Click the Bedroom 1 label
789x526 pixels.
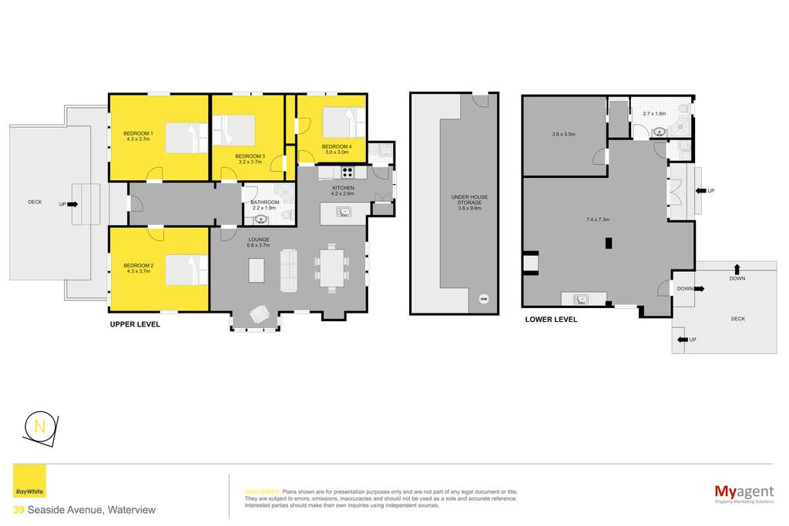point(138,133)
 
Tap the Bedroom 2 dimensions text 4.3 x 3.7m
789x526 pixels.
point(139,271)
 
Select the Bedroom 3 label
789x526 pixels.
point(250,156)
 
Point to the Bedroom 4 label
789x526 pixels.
point(337,147)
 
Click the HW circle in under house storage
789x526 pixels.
point(484,300)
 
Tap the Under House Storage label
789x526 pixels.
point(469,199)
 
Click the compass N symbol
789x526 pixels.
point(40,427)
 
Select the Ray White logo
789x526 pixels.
point(29,481)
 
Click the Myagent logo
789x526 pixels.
point(744,493)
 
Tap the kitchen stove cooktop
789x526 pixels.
point(347,173)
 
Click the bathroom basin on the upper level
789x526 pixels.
point(260,219)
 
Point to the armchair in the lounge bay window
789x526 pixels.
point(260,314)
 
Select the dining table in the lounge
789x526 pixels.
point(331,267)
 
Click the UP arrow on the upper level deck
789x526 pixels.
point(72,204)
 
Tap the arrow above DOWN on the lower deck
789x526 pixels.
point(737,269)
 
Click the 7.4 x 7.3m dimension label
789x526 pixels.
point(598,219)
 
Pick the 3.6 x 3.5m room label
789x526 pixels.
point(563,134)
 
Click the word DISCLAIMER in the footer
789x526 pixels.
point(262,492)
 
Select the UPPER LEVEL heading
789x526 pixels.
point(135,324)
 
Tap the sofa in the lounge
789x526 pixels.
point(288,270)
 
